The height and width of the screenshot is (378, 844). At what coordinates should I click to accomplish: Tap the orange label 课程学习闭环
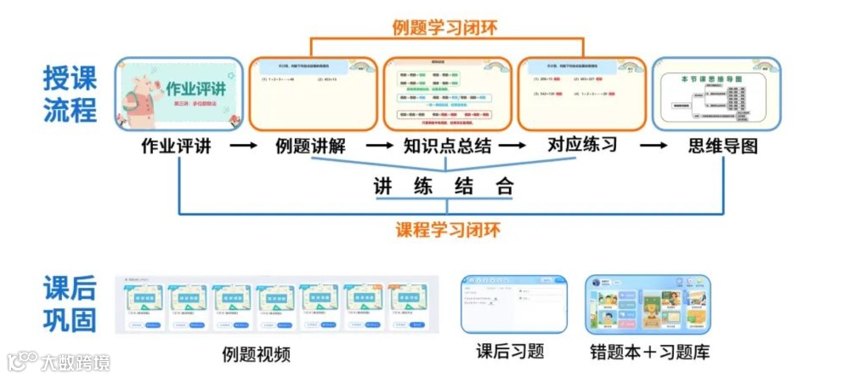[x=448, y=229]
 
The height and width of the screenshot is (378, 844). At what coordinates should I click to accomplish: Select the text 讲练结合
[x=445, y=186]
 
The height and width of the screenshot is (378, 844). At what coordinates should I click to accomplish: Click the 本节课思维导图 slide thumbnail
[x=716, y=94]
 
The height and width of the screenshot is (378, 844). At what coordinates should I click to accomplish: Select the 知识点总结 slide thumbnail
[x=447, y=94]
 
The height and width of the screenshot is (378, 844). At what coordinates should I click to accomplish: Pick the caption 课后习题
[x=510, y=351]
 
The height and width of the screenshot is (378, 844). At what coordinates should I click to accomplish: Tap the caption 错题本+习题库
[x=649, y=351]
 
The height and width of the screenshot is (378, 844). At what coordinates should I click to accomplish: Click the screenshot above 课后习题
[x=513, y=304]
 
